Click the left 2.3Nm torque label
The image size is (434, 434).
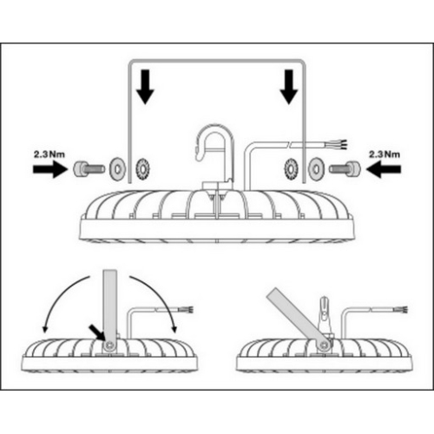coord(49,154)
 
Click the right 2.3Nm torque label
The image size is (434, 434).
coord(385,154)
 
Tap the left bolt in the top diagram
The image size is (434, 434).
coord(89,168)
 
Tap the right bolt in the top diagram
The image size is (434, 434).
coord(345,168)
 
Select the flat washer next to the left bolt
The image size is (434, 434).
coord(116,168)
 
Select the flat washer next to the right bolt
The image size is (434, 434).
coord(316,168)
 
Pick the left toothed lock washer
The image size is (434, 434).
coord(143,168)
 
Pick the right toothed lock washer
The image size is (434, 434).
coord(291,168)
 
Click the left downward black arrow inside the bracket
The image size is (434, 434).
coord(145,87)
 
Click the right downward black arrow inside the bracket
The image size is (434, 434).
coord(289,87)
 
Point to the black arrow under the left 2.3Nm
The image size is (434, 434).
coord(50,169)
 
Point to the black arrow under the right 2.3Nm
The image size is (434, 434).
coord(384,169)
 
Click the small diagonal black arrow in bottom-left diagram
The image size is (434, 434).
coord(97,332)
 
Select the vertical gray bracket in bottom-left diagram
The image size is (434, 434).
coord(110,311)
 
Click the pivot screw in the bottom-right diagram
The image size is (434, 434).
coord(325,345)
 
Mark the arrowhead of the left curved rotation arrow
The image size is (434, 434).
coord(44,329)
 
